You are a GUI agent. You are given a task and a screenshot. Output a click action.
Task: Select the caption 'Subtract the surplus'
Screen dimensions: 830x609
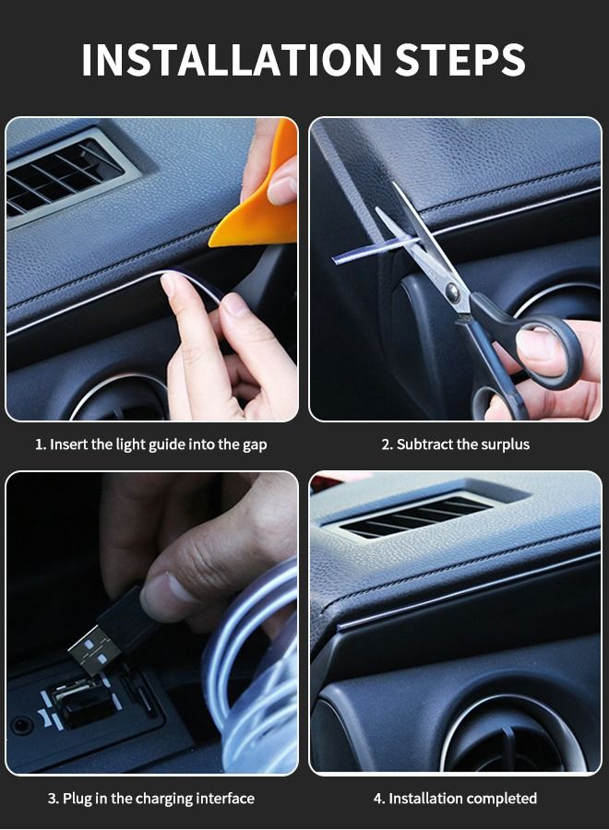pyautogui.click(x=456, y=445)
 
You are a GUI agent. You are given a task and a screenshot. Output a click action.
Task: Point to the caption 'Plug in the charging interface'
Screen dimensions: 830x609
pyautogui.click(x=151, y=798)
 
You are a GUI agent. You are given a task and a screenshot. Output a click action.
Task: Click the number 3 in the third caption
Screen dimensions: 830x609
pyautogui.click(x=52, y=798)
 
